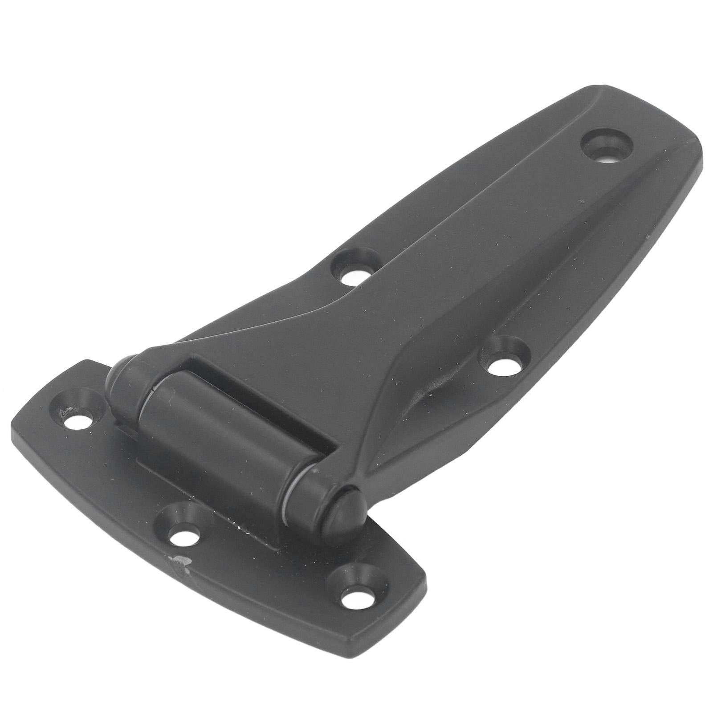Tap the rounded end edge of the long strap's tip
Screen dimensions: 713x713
(x=695, y=134)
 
